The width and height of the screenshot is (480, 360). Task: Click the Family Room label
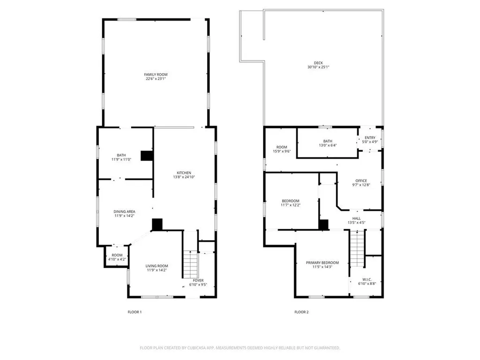click(x=156, y=75)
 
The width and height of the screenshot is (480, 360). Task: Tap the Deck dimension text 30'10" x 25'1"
click(x=318, y=67)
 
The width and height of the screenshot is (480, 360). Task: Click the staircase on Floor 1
click(x=190, y=264)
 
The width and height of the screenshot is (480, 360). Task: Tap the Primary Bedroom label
click(x=322, y=263)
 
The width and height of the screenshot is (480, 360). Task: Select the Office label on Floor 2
click(x=361, y=181)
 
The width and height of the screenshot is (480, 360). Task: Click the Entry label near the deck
click(x=370, y=138)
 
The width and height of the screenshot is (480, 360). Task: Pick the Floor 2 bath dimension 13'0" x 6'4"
click(x=327, y=145)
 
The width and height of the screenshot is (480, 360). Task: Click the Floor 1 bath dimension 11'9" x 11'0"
click(x=121, y=160)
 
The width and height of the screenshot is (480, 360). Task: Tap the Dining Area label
click(x=124, y=211)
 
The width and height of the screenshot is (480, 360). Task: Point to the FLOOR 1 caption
click(x=135, y=312)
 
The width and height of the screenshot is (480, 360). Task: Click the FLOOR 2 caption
click(x=301, y=312)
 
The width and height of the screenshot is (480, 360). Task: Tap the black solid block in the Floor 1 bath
click(x=147, y=156)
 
